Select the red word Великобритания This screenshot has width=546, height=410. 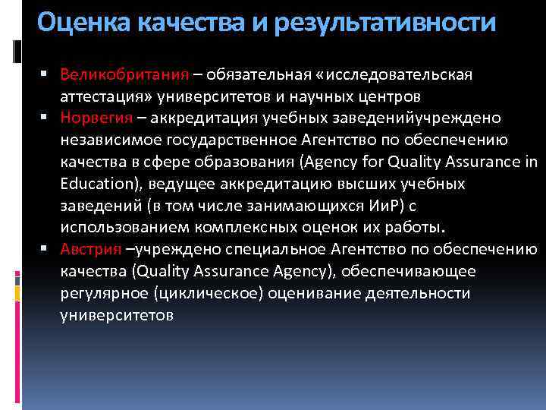(x=124, y=76)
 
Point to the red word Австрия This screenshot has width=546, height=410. (x=91, y=249)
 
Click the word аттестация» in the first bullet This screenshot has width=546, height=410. (x=105, y=97)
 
